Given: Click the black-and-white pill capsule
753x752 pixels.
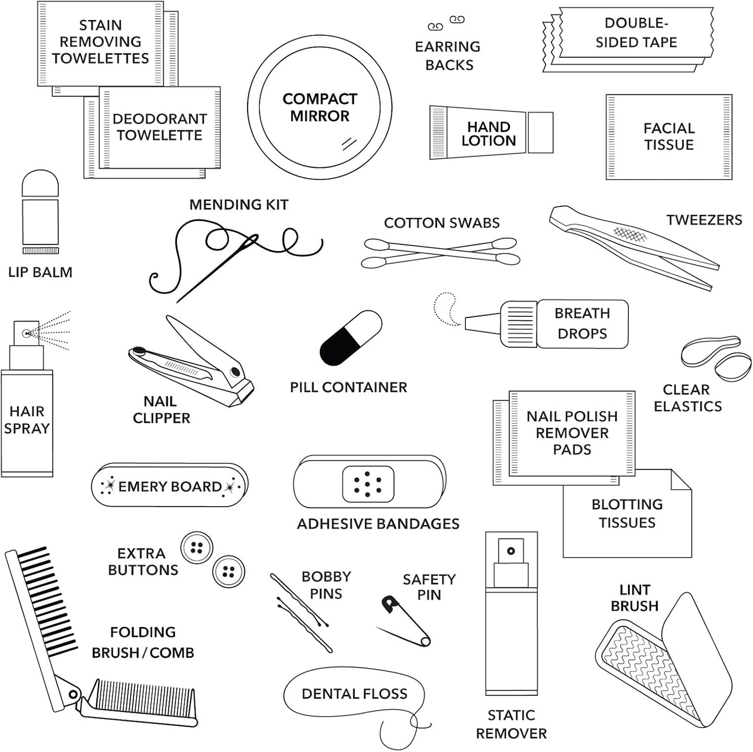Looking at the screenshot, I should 351,338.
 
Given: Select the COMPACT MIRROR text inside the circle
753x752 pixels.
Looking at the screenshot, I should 319,107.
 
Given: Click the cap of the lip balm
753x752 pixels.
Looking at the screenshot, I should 40,183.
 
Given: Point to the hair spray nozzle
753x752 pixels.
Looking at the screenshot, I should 26,332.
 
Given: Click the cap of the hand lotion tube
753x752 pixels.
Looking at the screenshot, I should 540,132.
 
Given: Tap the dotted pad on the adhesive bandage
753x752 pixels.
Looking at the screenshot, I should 368,484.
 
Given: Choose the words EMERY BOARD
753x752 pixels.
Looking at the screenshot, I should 170,487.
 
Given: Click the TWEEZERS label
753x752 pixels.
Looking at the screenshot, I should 703,220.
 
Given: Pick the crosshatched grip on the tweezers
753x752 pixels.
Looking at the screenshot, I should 629,235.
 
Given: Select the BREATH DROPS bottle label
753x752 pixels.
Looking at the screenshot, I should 582,324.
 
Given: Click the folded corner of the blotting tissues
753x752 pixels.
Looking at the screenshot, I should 681,479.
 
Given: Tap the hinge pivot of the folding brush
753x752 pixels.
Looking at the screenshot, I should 73,694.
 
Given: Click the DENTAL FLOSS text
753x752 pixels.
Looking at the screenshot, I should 354,694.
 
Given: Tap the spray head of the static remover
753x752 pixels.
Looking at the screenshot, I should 511,551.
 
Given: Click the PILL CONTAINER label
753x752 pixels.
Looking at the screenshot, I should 348,387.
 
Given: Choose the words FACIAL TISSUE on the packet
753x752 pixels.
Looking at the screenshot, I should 669,137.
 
